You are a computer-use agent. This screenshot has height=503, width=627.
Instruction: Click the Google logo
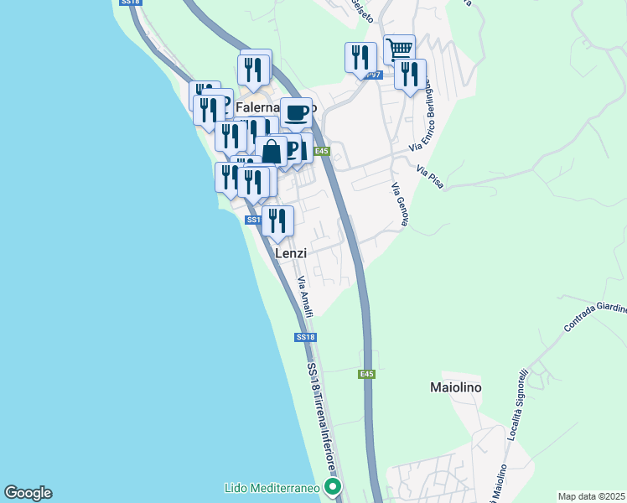point(28,493)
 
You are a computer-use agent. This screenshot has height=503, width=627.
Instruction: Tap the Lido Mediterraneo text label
point(273,487)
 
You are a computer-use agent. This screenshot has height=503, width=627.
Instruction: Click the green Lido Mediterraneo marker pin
point(334,486)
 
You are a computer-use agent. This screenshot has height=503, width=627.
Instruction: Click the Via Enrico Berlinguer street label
point(422,117)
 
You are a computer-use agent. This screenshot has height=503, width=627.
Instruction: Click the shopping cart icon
point(400,49)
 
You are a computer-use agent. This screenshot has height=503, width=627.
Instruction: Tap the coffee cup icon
point(296,112)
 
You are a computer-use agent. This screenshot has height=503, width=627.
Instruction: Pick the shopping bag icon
point(272,152)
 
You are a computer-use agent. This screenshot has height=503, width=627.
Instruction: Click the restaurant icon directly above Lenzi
point(277,220)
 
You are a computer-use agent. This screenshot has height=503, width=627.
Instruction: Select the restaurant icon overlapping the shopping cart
point(410,74)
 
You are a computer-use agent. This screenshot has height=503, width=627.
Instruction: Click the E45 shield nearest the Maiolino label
point(366,374)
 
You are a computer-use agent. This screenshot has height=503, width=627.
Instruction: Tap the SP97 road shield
point(375,75)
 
